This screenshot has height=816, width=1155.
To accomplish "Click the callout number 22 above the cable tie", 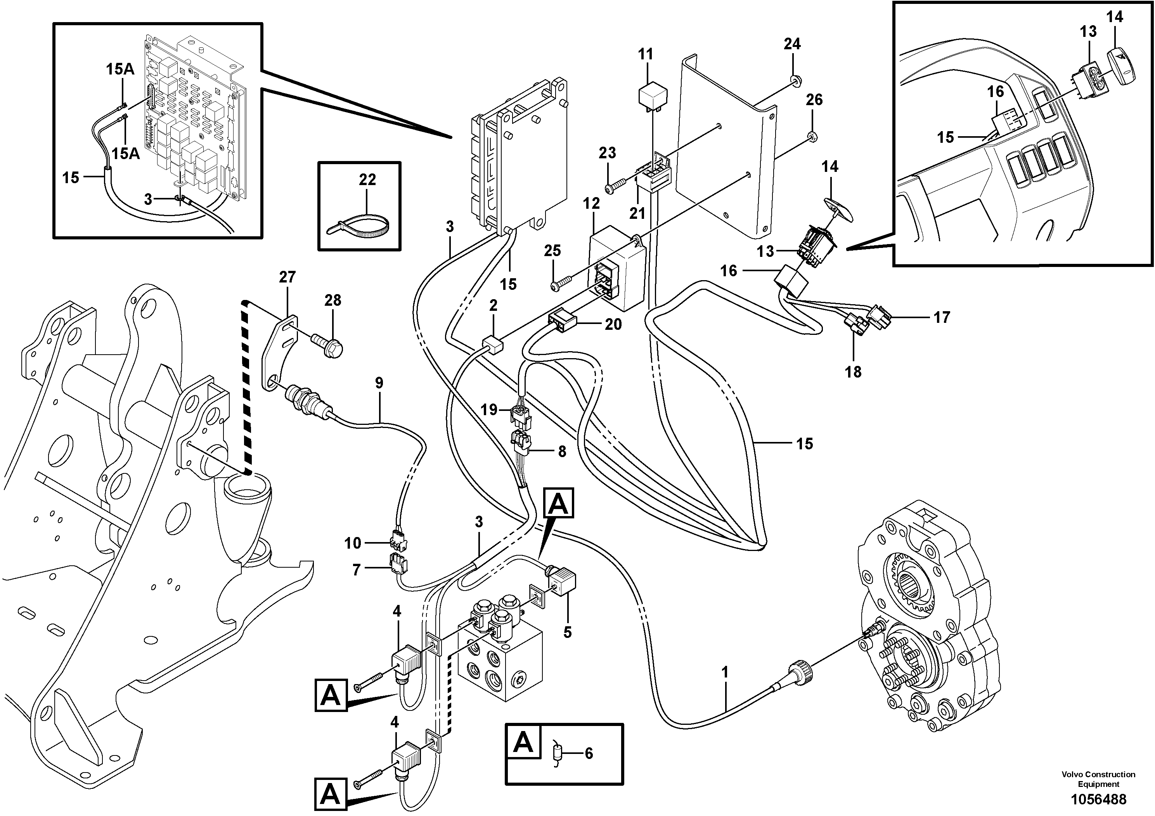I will [367, 180].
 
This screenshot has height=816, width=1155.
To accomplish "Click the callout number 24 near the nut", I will [792, 44].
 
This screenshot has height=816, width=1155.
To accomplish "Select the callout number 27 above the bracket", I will [287, 277].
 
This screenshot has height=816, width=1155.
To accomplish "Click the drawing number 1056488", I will [1098, 799].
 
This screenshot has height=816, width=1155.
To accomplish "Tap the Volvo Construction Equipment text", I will [1098, 779].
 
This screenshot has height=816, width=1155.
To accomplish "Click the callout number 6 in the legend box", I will [588, 753].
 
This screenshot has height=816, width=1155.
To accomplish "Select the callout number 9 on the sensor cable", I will [379, 383].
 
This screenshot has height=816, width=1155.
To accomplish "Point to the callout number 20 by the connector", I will [613, 324].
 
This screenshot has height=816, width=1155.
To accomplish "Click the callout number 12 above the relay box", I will [591, 204].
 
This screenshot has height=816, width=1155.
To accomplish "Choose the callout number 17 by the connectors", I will [941, 317].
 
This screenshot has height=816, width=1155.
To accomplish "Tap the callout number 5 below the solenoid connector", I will [568, 632].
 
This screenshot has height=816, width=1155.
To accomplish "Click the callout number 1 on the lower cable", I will [724, 672].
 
